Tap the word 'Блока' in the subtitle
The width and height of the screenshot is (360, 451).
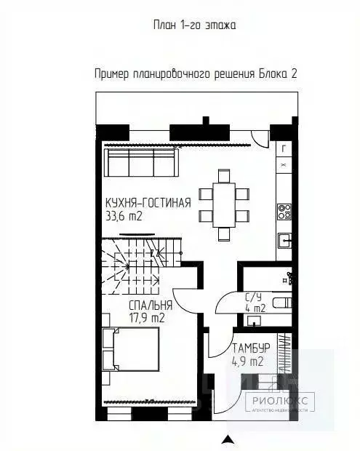272,73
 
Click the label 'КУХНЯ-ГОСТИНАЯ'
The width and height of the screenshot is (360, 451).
148,202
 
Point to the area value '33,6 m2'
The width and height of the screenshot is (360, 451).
123,215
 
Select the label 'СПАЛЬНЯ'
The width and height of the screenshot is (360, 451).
151,306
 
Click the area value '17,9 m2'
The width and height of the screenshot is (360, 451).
146,318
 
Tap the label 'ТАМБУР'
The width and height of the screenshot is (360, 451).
252,348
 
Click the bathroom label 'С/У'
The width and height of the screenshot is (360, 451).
252,296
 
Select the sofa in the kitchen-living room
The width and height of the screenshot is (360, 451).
140,164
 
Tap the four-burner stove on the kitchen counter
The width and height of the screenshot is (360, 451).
285,212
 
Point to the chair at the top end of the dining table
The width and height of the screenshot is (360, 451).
223,175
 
